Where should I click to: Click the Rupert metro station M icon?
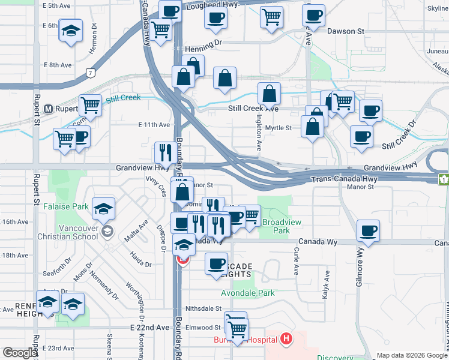(50, 109)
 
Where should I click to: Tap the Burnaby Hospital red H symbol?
(286, 340)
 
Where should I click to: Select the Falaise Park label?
(66, 207)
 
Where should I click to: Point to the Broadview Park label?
(276, 226)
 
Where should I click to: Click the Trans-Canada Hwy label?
(337, 179)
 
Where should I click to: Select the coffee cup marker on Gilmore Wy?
(368, 230)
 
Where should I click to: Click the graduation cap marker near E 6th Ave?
(71, 30)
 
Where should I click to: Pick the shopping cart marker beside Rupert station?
(90, 105)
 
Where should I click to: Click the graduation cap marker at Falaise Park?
(104, 208)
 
